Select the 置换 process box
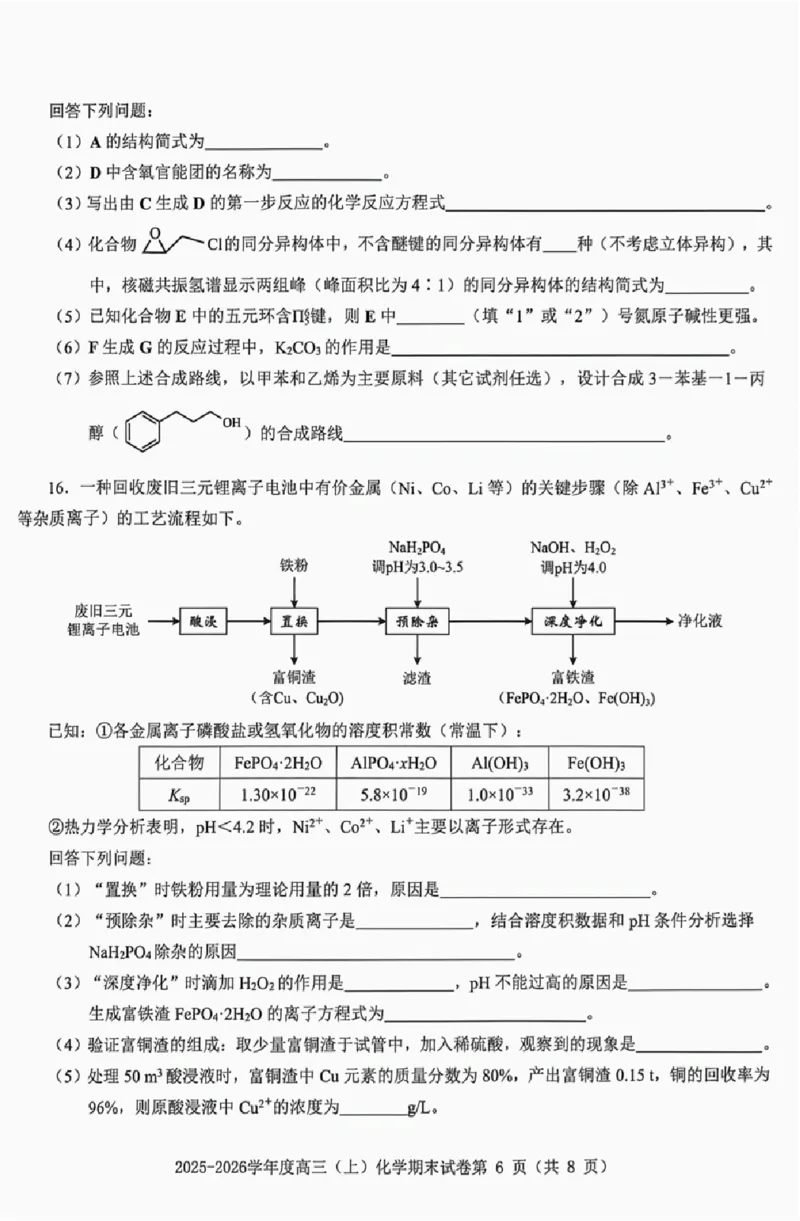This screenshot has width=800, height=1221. (x=294, y=621)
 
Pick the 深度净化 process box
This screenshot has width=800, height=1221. (x=572, y=621)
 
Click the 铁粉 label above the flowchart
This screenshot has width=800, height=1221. (x=294, y=566)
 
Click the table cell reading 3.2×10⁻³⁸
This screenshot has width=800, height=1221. (x=595, y=795)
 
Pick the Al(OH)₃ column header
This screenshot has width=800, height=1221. (x=499, y=763)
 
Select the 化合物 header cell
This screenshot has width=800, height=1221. (x=179, y=763)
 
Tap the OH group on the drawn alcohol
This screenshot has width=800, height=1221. (x=231, y=423)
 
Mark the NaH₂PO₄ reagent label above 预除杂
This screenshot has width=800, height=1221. (x=417, y=546)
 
